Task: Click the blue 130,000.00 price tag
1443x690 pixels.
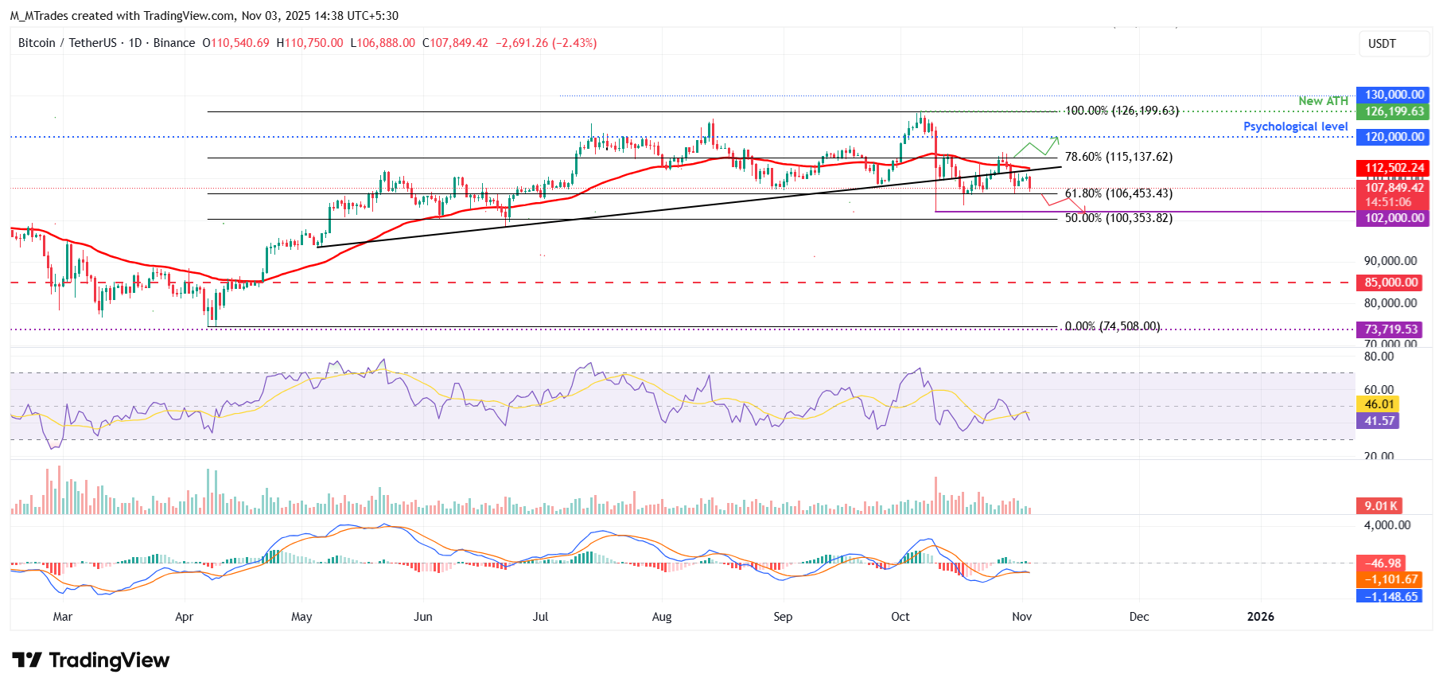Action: (x=1393, y=95)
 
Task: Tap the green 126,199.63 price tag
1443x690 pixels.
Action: (x=1393, y=111)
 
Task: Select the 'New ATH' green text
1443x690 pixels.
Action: (x=1323, y=101)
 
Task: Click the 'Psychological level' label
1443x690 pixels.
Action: (x=1295, y=127)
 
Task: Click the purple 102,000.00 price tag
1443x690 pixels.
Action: (x=1393, y=218)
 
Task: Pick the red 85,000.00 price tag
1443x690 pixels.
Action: (x=1390, y=283)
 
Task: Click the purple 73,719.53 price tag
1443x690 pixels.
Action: (x=1390, y=329)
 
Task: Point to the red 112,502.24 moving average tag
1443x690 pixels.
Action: (x=1393, y=168)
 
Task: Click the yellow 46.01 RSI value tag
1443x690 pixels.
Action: (x=1379, y=404)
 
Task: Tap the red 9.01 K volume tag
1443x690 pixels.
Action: (x=1379, y=506)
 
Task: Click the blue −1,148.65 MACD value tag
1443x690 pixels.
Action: (x=1390, y=597)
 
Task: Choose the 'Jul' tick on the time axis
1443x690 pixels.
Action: (x=541, y=617)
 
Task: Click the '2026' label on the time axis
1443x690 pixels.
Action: (x=1260, y=617)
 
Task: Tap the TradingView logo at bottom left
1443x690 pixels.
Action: (x=91, y=661)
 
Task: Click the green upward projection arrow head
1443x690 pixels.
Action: (x=1057, y=138)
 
